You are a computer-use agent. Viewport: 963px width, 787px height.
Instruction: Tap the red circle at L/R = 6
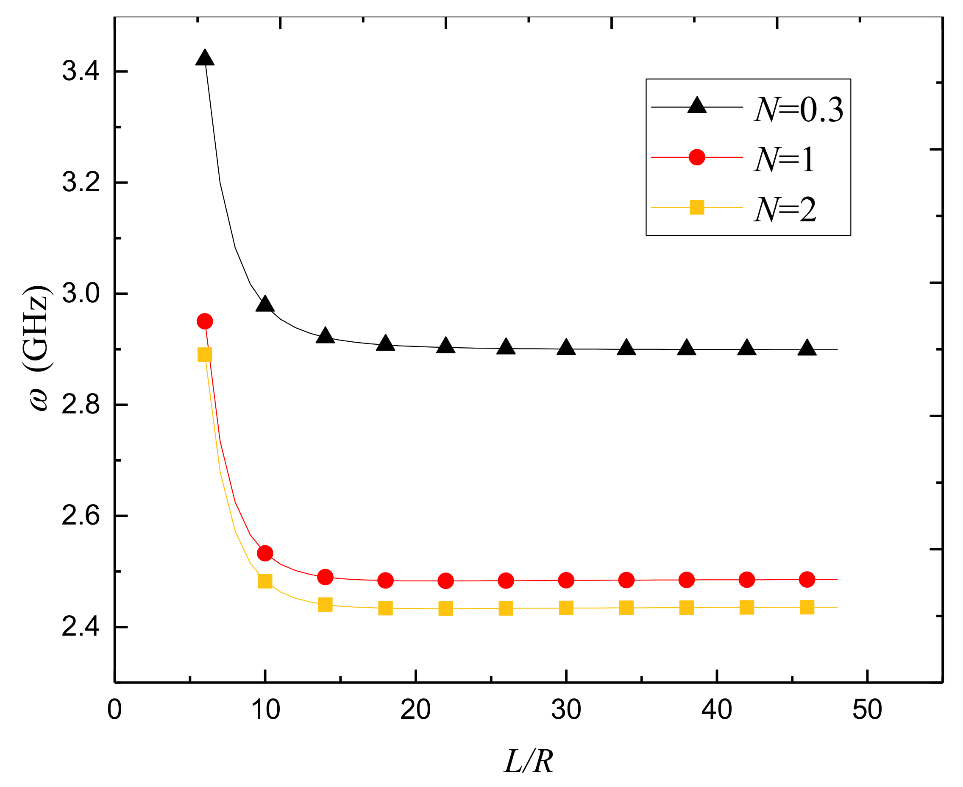click(205, 321)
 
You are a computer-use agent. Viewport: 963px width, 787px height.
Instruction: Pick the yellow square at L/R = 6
click(205, 354)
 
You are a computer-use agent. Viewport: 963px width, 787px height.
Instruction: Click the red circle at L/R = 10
click(264, 553)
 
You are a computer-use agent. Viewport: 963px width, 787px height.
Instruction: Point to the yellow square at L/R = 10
click(264, 581)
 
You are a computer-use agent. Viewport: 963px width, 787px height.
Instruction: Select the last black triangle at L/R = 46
click(807, 348)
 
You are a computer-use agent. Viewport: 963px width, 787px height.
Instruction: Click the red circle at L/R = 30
click(566, 580)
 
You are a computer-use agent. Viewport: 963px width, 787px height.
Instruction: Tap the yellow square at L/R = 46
click(807, 607)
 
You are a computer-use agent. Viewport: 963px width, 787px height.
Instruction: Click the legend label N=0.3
click(798, 110)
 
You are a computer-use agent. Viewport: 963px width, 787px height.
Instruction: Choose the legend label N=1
click(784, 160)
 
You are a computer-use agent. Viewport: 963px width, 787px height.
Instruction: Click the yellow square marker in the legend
click(696, 208)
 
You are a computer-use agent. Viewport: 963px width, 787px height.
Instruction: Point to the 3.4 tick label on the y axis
click(81, 72)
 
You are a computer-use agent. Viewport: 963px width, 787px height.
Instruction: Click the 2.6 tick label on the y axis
click(81, 516)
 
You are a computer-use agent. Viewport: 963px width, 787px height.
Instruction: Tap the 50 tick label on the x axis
click(867, 710)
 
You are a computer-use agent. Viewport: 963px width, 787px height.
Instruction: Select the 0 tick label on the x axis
click(115, 710)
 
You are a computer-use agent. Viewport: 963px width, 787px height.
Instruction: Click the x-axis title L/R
click(529, 762)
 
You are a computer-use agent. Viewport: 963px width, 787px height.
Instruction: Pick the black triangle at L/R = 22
click(445, 346)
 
